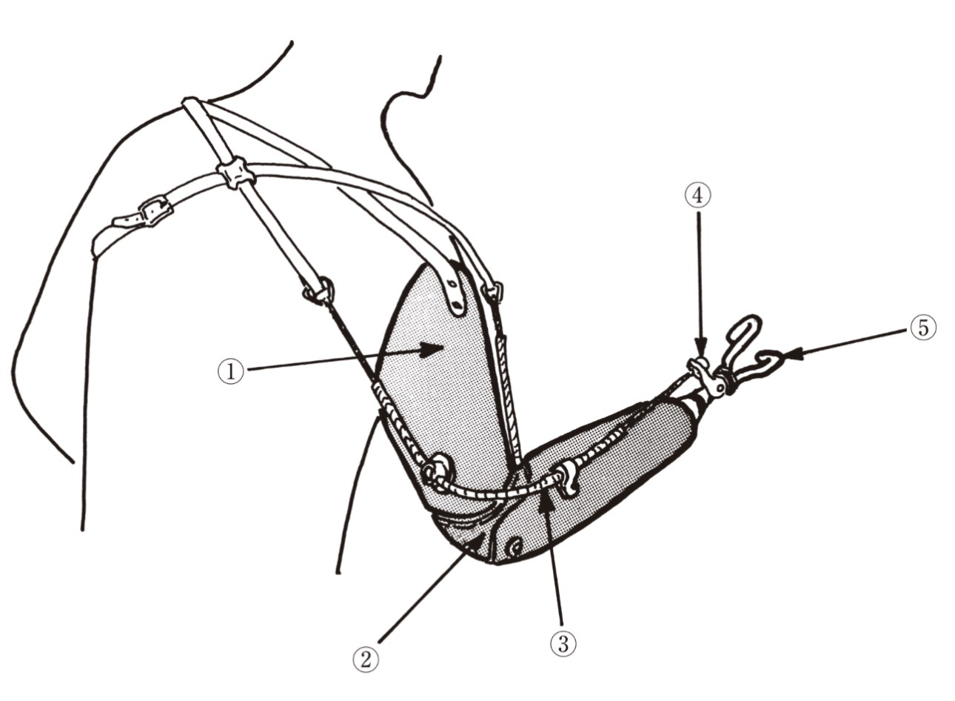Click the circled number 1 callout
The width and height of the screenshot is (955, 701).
click(231, 371)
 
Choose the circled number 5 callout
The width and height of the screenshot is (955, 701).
click(923, 328)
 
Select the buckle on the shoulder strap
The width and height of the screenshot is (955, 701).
click(155, 210)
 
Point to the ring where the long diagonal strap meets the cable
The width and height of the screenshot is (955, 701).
click(320, 291)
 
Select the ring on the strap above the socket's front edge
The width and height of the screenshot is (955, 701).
click(492, 292)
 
